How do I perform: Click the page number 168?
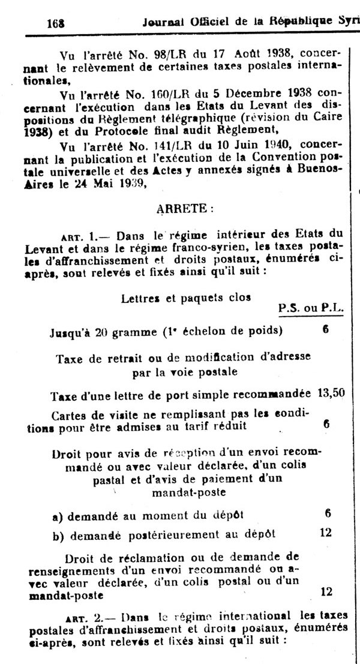[55, 23]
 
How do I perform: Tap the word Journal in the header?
[165, 22]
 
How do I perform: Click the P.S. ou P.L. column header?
[311, 308]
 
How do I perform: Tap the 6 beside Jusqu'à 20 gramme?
[325, 329]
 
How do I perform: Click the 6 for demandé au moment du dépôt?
[327, 513]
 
